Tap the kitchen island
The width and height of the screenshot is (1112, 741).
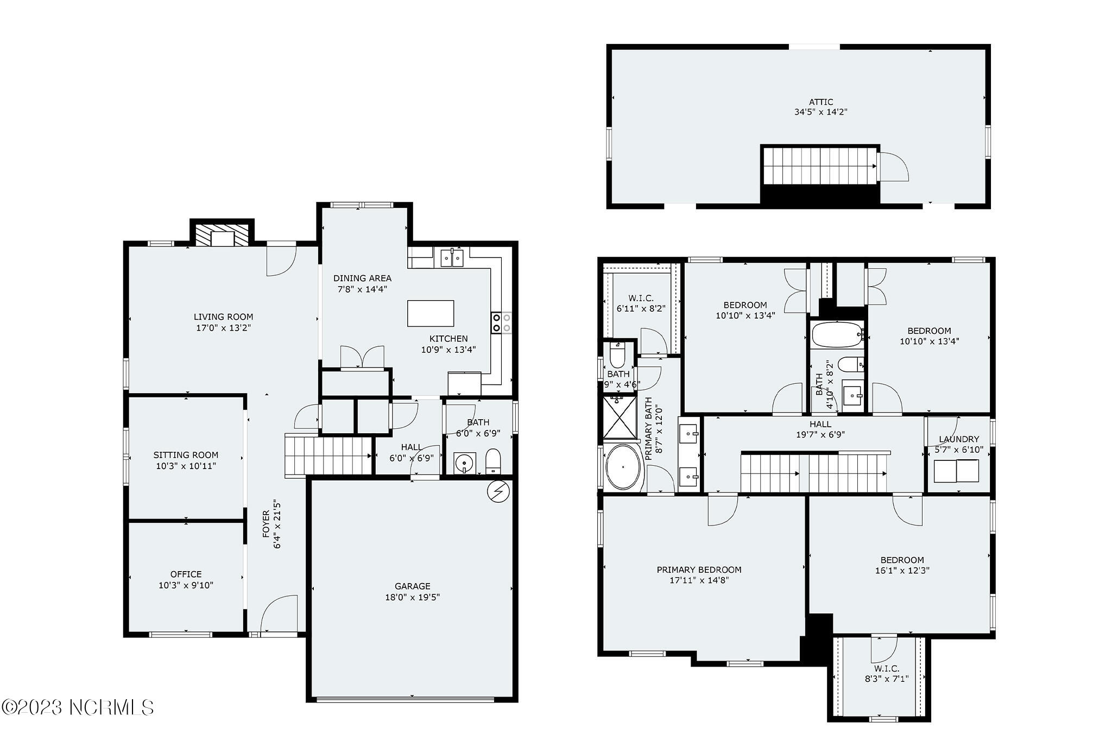pos(431,313)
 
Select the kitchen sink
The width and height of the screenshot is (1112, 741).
pos(452,258)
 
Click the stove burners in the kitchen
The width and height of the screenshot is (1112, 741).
pos(502,322)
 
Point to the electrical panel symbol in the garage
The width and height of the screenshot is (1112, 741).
pos(498,491)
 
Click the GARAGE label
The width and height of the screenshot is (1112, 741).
pos(413,586)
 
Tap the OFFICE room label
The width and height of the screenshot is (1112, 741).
pos(186,574)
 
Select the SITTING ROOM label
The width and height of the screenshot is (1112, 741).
pos(186,455)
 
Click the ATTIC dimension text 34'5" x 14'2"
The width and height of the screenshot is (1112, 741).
pos(821,112)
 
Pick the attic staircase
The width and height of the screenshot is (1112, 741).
pos(820,166)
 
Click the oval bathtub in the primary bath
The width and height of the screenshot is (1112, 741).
pos(623,467)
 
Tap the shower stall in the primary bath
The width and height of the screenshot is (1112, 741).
pos(620,417)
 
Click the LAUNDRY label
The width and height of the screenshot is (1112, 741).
pos(959,439)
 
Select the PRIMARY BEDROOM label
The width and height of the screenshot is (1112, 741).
pos(699,569)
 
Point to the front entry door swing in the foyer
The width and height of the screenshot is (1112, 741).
pos(279,614)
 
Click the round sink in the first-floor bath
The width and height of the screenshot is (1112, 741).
pos(465,463)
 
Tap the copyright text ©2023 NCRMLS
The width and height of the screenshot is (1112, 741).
pos(78,707)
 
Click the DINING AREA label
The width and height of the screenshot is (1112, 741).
pos(362,278)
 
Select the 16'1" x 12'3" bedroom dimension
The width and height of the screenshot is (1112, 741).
pos(902,571)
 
